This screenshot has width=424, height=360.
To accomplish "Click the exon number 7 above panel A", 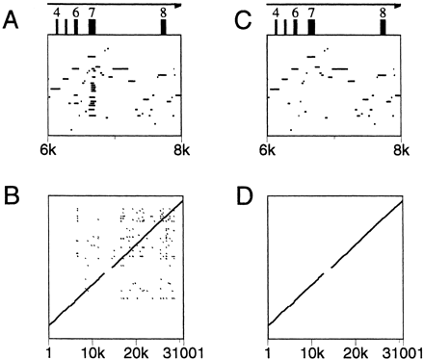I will [x=92, y=13].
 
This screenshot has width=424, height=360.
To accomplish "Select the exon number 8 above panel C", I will [x=383, y=13].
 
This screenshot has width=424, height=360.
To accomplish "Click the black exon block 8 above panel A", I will [x=164, y=27].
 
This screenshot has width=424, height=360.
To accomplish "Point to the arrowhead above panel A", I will [x=176, y=4].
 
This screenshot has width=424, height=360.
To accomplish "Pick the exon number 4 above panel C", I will [x=277, y=13].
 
